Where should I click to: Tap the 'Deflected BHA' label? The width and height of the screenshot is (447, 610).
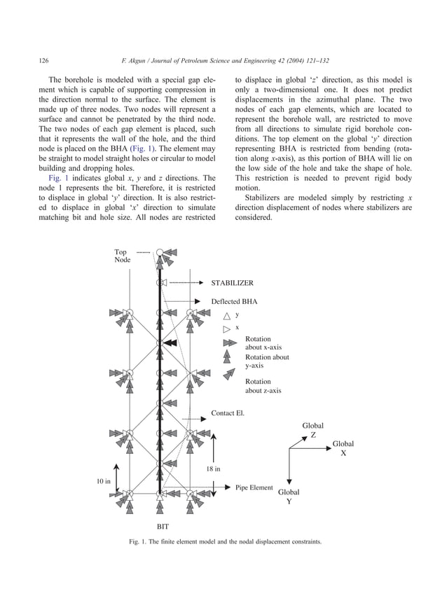(234, 301)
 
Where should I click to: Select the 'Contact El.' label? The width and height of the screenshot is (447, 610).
(228, 413)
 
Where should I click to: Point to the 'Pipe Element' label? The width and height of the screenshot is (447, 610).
(254, 487)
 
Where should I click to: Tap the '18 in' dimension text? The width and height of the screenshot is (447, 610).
(214, 469)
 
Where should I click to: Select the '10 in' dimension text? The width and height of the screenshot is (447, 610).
(104, 481)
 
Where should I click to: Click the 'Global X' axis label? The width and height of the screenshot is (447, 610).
(343, 448)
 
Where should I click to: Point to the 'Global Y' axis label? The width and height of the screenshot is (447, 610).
(289, 497)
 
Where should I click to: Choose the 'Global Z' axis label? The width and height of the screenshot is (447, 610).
(312, 430)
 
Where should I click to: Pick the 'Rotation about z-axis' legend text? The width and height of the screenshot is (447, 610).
(263, 386)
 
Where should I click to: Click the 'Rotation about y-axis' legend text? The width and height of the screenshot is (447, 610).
(266, 361)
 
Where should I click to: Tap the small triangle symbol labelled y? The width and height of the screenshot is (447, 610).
(226, 315)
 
